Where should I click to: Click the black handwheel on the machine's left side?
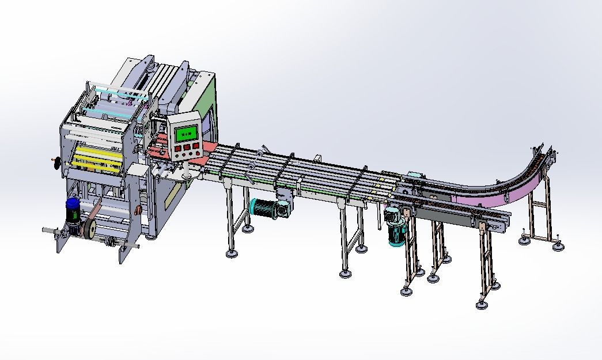tap(57, 163)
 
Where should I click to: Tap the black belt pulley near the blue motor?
tap(88, 228)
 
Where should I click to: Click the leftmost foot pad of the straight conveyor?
tap(232, 253)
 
